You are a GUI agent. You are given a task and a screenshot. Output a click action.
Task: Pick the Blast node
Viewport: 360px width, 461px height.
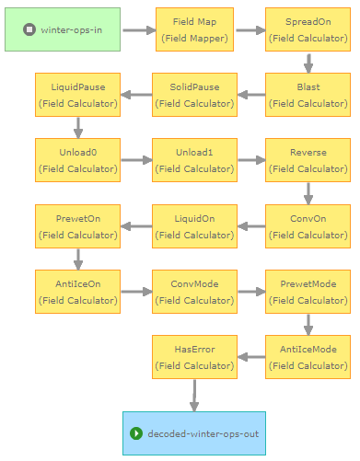(x=308, y=95)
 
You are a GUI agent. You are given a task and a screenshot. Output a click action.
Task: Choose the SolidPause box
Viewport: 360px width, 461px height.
(x=194, y=95)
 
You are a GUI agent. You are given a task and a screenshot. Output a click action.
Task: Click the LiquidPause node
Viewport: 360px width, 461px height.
(x=77, y=95)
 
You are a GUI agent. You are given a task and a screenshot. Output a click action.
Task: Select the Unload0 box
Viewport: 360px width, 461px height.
(x=77, y=160)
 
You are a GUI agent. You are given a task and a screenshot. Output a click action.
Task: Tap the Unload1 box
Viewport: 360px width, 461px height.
(x=194, y=160)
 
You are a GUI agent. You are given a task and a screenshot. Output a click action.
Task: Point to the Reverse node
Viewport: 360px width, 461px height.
(x=308, y=160)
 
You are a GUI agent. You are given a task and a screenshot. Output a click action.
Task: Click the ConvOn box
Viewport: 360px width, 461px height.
(x=308, y=226)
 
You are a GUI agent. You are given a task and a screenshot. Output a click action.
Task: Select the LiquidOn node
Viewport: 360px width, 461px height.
(x=194, y=226)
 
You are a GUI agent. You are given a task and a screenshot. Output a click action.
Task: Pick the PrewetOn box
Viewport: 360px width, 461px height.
(x=77, y=226)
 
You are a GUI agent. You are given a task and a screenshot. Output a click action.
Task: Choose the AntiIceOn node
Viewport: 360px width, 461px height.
(x=77, y=292)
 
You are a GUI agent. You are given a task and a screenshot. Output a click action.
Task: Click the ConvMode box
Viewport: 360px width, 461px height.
(x=194, y=292)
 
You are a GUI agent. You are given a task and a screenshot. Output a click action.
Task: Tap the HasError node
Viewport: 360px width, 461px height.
(x=194, y=357)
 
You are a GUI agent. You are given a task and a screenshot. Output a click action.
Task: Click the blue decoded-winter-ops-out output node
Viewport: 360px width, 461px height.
(x=194, y=433)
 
